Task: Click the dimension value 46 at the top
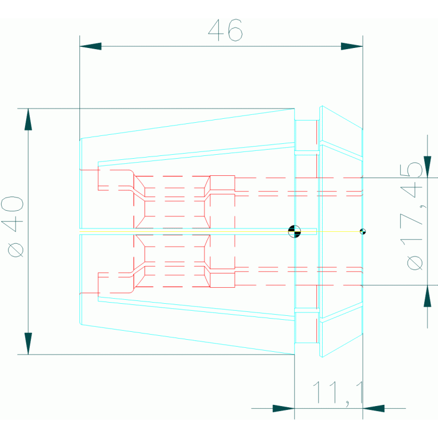pos(226,30)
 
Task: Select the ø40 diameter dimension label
pos(13,226)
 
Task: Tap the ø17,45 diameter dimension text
pos(412,216)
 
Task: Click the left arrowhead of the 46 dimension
pos(90,46)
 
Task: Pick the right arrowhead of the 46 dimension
pos(352,46)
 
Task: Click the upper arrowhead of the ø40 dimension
pos(28,119)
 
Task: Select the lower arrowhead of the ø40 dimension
pos(28,344)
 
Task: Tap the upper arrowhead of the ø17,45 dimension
pos(427,167)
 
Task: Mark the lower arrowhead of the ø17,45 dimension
pos(427,296)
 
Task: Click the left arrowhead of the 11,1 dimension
pos(283,408)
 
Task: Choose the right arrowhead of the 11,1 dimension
pos(373,408)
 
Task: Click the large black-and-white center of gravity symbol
pos(295,232)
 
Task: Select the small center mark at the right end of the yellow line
pos(363,232)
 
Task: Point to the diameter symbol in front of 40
pos(15,250)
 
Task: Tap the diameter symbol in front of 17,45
pos(415,263)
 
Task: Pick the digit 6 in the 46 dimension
pos(235,30)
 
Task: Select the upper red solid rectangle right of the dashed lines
pos(222,183)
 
